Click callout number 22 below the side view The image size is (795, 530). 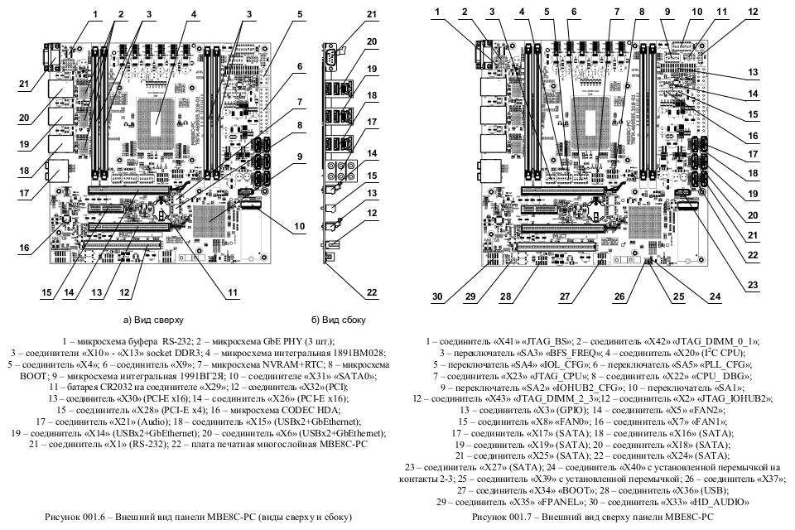[x=348, y=291]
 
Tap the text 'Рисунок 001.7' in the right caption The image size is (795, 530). [x=503, y=517]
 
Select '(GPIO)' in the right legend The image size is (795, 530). [x=561, y=409]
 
